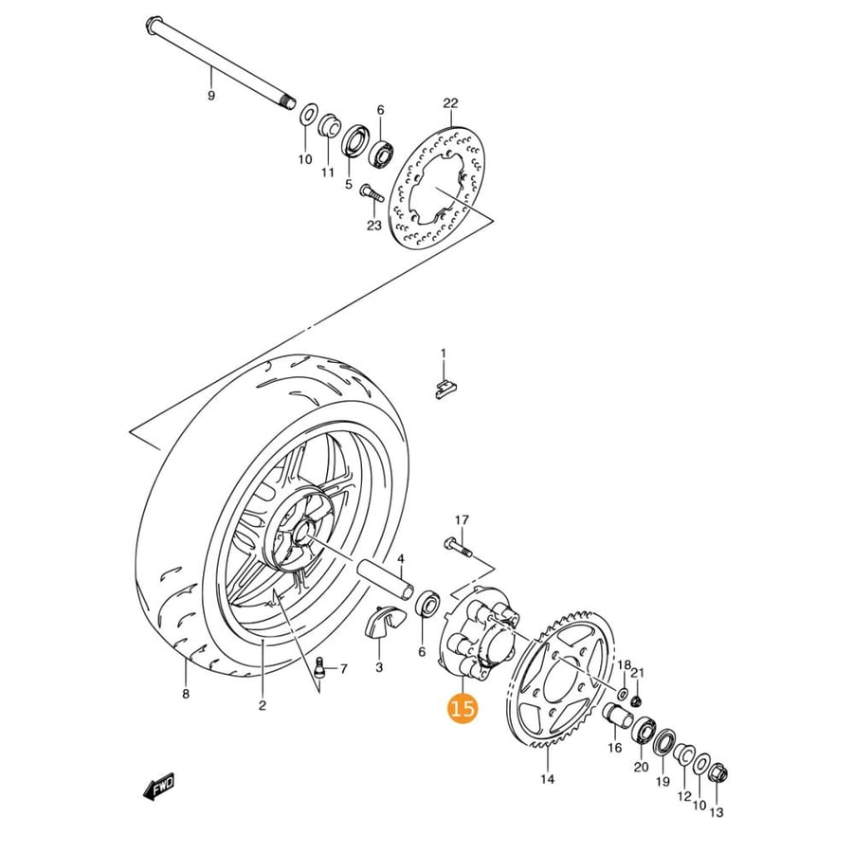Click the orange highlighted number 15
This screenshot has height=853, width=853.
[462, 709]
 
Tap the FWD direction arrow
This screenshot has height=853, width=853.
[158, 786]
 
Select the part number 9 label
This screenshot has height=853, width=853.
[211, 96]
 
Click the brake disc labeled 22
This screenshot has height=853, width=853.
[437, 189]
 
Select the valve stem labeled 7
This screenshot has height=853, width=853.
[320, 667]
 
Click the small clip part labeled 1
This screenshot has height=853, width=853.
[446, 389]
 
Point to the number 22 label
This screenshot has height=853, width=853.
[451, 102]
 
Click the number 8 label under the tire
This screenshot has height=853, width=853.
[186, 694]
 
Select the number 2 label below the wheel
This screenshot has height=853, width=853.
[263, 705]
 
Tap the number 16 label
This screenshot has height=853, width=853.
[615, 748]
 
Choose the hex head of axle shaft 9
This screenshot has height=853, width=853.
[153, 25]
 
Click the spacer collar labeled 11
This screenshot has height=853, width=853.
[329, 127]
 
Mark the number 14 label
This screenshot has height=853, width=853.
[548, 779]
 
